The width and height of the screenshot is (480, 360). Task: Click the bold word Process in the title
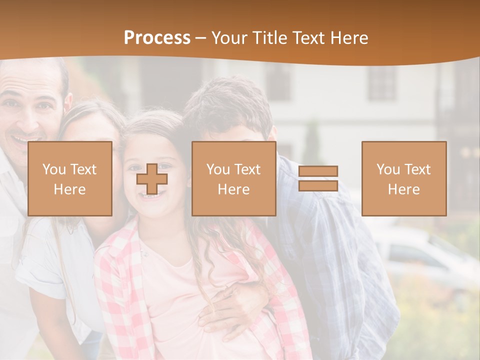pyautogui.click(x=157, y=38)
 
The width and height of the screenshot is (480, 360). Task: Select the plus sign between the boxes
pyautogui.click(x=152, y=179)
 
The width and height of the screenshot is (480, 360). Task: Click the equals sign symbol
pyautogui.click(x=318, y=178)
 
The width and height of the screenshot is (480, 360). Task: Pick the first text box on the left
pyautogui.click(x=70, y=178)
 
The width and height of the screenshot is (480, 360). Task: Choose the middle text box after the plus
pyautogui.click(x=233, y=178)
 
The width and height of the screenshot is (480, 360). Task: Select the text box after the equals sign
pyautogui.click(x=403, y=178)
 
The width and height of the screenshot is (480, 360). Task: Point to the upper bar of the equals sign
pyautogui.click(x=318, y=171)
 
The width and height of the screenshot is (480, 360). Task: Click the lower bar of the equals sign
pyautogui.click(x=318, y=185)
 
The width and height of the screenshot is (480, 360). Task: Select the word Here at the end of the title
pyautogui.click(x=349, y=38)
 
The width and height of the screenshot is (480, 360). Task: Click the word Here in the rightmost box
pyautogui.click(x=403, y=189)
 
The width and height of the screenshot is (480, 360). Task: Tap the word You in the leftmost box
pyautogui.click(x=53, y=169)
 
